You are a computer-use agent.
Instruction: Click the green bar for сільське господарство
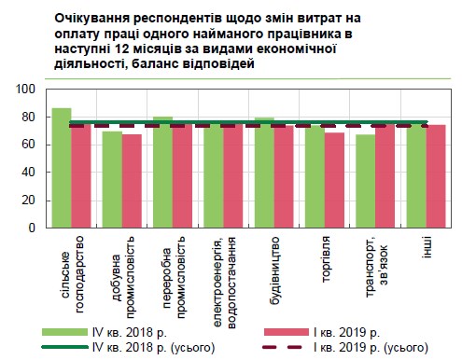[62, 168]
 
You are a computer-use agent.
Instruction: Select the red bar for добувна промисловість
[133, 181]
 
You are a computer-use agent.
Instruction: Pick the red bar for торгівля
[335, 180]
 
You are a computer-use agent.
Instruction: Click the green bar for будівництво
[264, 173]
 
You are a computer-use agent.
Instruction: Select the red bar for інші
[436, 176]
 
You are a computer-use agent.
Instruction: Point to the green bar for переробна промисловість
[162, 173]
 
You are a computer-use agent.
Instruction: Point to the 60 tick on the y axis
[29, 145]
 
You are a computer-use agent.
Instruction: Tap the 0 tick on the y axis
[32, 228]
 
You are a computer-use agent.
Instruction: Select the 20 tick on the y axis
[29, 200]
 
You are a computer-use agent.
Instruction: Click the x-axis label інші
[427, 247]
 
